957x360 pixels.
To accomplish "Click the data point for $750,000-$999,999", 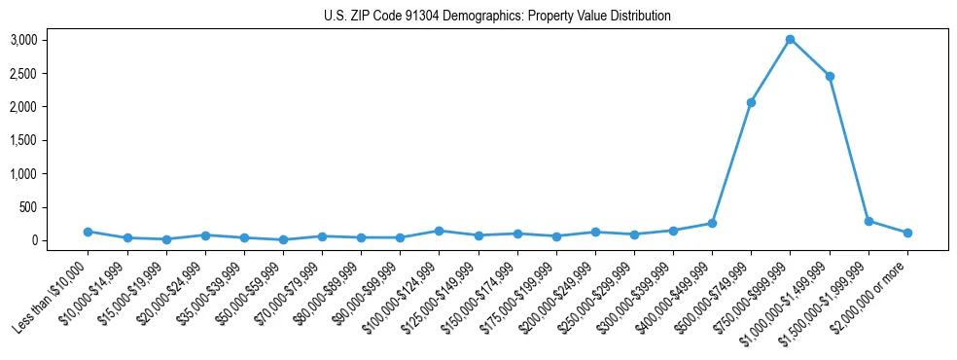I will click(790, 39).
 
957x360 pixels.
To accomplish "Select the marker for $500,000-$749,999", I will click(751, 102).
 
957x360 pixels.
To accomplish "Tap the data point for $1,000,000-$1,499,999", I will click(830, 76).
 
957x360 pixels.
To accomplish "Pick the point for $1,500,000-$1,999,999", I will click(868, 221).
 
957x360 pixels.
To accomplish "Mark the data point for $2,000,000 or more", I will click(907, 233).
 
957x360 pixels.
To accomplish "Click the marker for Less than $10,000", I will click(88, 232).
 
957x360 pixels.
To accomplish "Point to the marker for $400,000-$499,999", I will click(712, 223).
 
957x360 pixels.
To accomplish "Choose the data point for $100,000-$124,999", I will click(439, 231).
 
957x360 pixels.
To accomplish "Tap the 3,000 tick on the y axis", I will click(37, 40).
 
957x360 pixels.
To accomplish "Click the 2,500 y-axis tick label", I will click(37, 73).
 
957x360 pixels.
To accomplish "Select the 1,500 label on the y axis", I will click(37, 140).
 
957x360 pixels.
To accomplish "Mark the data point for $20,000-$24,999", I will click(204, 235).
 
